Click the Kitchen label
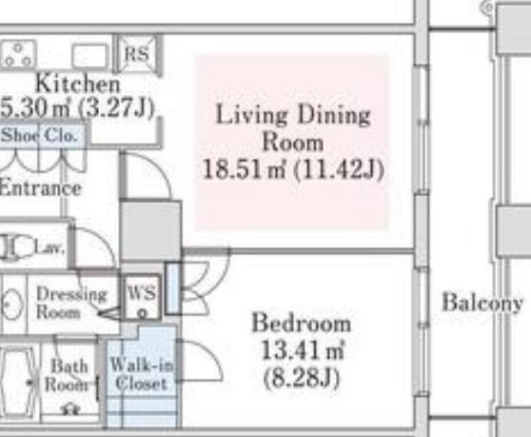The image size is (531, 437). [77, 84]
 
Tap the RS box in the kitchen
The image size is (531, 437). [137, 54]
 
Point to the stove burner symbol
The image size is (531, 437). [18, 54]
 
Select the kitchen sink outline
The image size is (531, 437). [89, 56]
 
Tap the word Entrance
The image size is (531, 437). [41, 188]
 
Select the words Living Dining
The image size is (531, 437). [293, 115]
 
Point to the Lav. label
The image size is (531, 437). [49, 248]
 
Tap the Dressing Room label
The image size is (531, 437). [71, 303]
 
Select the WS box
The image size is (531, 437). [142, 297]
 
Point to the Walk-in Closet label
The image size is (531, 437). [142, 373]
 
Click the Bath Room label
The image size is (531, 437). [68, 375]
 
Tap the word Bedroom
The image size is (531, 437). [301, 323]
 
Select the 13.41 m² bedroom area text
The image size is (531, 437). [303, 349]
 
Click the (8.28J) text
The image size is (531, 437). [302, 378]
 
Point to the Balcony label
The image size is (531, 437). [482, 303]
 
